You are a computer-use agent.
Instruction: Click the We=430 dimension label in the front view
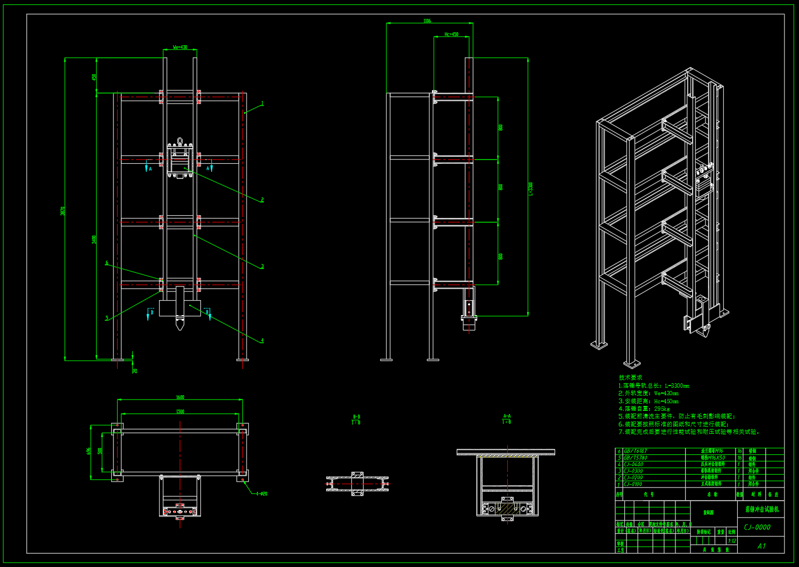(x=180, y=47)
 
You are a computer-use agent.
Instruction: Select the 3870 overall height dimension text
(x=63, y=211)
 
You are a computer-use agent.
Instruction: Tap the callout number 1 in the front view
(x=262, y=103)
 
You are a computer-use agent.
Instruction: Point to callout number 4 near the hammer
(x=262, y=340)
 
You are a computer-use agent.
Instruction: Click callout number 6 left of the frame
(x=107, y=263)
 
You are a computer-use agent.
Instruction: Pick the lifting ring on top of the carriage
(x=180, y=141)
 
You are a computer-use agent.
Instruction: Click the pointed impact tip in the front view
(x=179, y=325)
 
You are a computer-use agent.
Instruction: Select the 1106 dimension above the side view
(x=427, y=21)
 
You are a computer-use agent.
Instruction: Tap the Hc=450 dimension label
(x=451, y=34)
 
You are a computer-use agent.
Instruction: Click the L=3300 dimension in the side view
(x=531, y=188)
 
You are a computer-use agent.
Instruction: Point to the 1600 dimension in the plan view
(x=180, y=397)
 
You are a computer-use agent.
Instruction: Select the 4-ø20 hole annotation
(x=261, y=494)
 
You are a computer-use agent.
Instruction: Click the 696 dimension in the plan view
(x=89, y=451)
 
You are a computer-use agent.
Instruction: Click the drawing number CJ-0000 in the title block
(x=758, y=527)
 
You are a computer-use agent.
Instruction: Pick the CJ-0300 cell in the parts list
(x=633, y=471)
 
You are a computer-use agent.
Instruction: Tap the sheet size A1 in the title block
(x=761, y=546)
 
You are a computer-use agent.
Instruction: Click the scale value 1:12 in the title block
(x=732, y=541)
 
